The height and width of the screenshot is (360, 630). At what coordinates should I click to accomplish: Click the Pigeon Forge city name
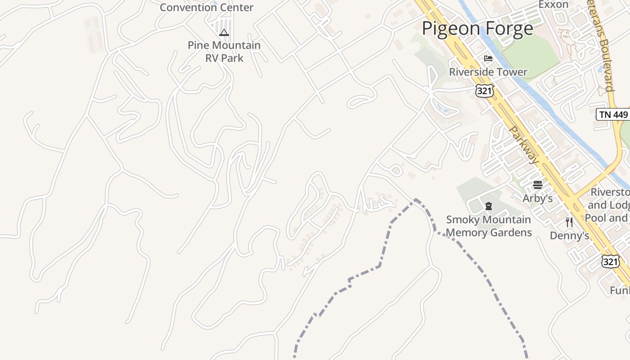[x=477, y=29]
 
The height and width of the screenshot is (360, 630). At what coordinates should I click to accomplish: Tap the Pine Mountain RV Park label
[x=224, y=51]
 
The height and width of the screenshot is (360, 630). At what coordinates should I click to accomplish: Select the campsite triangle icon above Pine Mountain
[x=224, y=32]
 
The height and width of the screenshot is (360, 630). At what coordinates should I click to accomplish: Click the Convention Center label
[x=207, y=7]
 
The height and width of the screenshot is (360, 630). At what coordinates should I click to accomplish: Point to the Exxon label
[x=553, y=4]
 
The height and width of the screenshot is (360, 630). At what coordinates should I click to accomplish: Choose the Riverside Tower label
[x=488, y=72]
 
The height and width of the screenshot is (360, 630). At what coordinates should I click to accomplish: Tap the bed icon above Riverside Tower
[x=488, y=58]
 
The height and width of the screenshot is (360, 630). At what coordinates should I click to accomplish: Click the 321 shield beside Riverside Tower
[x=484, y=90]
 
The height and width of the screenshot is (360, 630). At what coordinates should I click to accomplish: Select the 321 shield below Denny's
[x=611, y=261]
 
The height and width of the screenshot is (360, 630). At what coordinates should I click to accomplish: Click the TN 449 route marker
[x=613, y=114]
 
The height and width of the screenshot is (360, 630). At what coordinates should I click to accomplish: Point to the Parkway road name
[x=524, y=144]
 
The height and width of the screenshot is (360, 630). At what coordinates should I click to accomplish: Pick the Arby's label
[x=537, y=198]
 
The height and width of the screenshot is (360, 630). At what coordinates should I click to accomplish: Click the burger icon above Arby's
[x=537, y=184]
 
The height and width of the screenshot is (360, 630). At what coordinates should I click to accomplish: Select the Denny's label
[x=569, y=235]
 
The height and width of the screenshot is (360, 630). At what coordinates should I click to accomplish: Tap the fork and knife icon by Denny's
[x=569, y=222]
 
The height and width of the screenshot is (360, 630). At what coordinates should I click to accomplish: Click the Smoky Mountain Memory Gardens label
[x=489, y=226]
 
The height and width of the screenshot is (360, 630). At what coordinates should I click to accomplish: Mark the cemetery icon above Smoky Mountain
[x=489, y=207]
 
